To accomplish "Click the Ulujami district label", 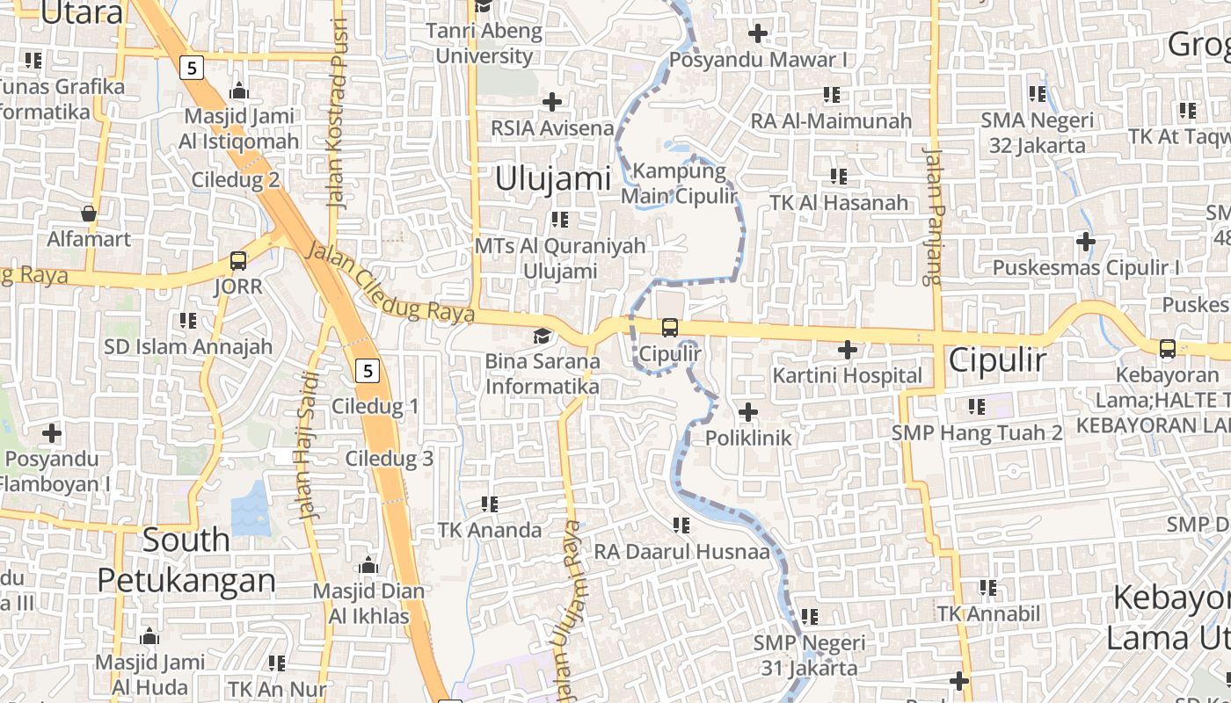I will (x=553, y=178).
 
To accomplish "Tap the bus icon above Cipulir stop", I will (x=670, y=328).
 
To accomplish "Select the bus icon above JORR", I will (x=238, y=260).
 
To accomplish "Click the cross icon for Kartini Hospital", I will (x=848, y=350).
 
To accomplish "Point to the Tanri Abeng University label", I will (x=484, y=44).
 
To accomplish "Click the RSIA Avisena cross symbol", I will (x=552, y=102).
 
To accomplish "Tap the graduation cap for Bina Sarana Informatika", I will (x=543, y=336).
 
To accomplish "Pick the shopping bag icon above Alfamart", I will (x=89, y=214).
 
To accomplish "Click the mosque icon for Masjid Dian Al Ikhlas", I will (x=368, y=565).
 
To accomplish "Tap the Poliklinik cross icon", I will (x=748, y=411).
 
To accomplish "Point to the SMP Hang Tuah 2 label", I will (x=977, y=433).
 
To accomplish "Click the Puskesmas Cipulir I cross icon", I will (x=1086, y=241).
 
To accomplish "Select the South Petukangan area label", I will (x=186, y=560).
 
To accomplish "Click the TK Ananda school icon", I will (x=490, y=504).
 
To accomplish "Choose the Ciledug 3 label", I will (x=389, y=459).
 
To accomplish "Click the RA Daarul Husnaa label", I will (x=681, y=552).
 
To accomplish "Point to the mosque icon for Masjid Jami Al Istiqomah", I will (x=238, y=91).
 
